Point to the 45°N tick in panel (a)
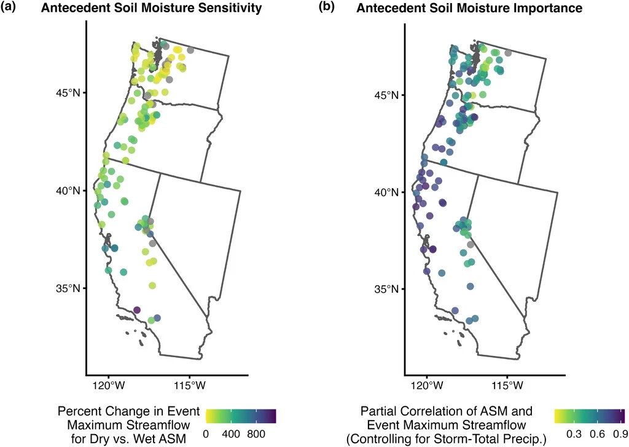pyautogui.click(x=69, y=93)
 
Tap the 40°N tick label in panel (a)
pyautogui.click(x=69, y=191)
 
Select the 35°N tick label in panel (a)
pyautogui.click(x=69, y=288)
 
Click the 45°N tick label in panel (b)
pyautogui.click(x=388, y=95)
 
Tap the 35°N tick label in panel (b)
pyautogui.click(x=388, y=288)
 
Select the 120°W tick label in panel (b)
pyautogui.click(x=426, y=386)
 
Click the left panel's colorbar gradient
pyautogui.click(x=241, y=416)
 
